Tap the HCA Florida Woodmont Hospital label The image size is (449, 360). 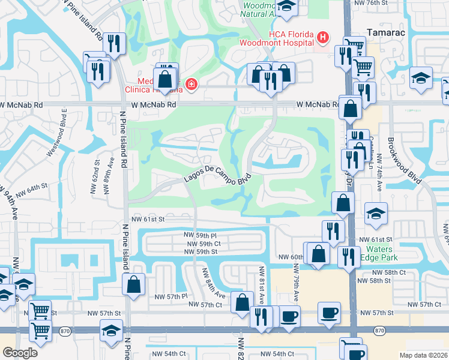pyautogui.click(x=276, y=38)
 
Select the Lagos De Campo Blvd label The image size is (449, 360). pyautogui.click(x=215, y=175)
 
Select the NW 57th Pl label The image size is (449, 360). pyautogui.click(x=171, y=296)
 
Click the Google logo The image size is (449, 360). pyautogui.click(x=20, y=353)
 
